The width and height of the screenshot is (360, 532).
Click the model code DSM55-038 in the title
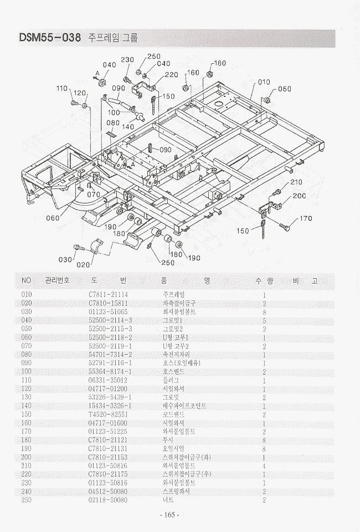tap(50, 38)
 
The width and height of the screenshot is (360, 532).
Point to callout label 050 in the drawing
tap(285, 89)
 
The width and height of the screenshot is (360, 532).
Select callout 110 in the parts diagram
tap(61, 88)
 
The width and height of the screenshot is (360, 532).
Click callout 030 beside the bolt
tap(65, 259)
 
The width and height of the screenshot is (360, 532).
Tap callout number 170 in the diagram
tap(306, 218)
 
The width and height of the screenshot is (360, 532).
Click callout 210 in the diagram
tap(296, 182)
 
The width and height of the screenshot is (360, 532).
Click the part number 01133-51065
tap(108, 311)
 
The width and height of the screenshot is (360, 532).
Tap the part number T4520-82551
tap(108, 414)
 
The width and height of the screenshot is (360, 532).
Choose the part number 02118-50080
tap(108, 500)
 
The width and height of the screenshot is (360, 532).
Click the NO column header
tap(27, 280)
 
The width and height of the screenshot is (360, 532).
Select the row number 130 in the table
tap(27, 397)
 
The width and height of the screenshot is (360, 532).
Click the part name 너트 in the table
tap(168, 500)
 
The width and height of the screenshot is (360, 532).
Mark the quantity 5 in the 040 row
tap(265, 320)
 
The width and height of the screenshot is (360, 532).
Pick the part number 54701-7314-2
tap(110, 355)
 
